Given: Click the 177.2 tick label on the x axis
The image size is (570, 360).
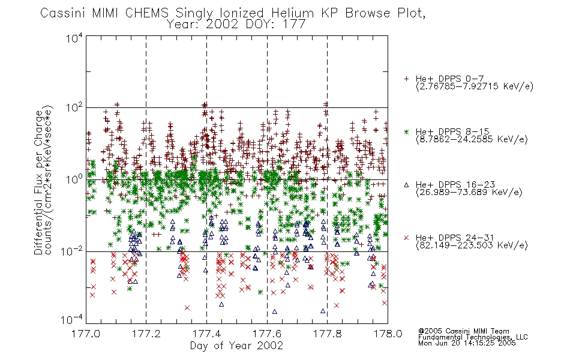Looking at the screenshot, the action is [146, 334].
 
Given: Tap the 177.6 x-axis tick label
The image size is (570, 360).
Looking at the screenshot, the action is [267, 334].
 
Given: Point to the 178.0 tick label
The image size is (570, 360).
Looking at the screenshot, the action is [388, 334].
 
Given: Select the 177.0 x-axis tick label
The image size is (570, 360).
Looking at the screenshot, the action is [86, 334].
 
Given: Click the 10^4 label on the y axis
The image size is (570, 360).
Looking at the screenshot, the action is [74, 38].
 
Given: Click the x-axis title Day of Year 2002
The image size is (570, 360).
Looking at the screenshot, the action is [236, 346].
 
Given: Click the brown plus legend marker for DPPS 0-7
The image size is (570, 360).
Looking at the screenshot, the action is [406, 79].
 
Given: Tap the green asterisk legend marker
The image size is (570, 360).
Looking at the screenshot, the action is [406, 131].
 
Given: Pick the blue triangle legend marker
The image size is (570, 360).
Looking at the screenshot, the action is [406, 185].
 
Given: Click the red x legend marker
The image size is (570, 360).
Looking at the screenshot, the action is [406, 238].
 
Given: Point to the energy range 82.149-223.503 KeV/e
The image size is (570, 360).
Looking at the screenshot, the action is [472, 245].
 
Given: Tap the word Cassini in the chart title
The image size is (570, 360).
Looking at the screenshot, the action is [63, 13].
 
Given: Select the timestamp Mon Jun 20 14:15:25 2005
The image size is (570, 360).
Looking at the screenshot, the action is [467, 343].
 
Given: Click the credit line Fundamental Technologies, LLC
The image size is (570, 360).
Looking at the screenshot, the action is [473, 337].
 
